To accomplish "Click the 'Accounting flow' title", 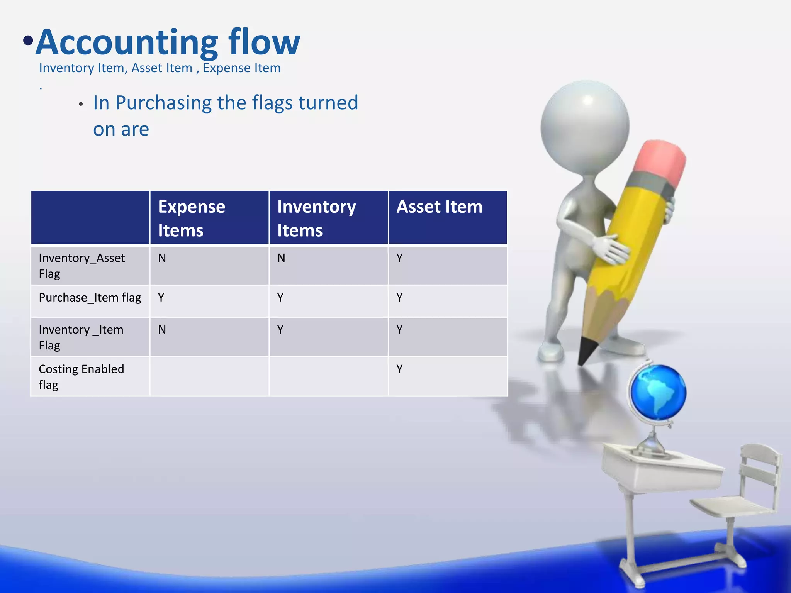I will (168, 42).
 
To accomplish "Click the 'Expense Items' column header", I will (192, 218).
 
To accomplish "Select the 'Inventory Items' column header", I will (316, 218).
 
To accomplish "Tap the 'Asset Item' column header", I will (439, 207).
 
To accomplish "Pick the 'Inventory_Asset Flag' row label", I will (81, 266).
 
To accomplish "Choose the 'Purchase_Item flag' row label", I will (90, 298).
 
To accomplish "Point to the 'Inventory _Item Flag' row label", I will (81, 337).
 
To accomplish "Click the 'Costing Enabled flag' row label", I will (81, 376).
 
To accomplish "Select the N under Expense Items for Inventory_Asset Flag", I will (162, 258).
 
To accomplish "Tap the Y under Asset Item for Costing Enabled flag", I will (399, 369).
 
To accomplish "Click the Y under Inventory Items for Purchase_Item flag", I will (280, 298).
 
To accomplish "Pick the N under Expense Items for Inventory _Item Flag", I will (162, 330).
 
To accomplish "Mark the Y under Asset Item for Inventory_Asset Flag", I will (399, 258).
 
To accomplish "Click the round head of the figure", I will (585, 125).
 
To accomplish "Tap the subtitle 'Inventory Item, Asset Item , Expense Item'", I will (160, 68).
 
